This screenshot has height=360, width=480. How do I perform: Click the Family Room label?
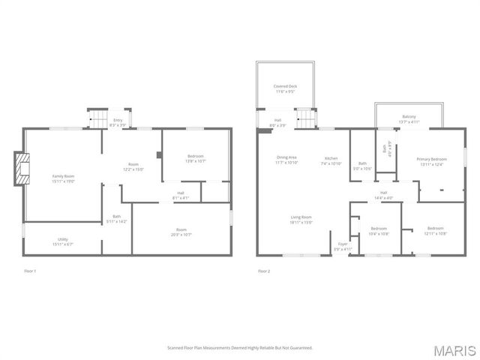(63, 178)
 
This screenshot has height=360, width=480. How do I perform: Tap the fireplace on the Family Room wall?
(21, 169)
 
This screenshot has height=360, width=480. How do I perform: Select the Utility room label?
(63, 241)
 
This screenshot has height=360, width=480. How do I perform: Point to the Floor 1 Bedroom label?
(196, 158)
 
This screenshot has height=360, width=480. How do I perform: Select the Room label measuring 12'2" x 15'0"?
(133, 166)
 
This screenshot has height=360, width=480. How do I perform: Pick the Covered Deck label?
(285, 88)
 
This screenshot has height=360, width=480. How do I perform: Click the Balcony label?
(409, 118)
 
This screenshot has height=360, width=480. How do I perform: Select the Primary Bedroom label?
(432, 161)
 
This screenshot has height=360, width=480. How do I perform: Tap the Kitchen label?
(331, 160)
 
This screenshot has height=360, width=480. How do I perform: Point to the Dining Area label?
(287, 159)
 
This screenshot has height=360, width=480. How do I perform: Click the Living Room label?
(301, 219)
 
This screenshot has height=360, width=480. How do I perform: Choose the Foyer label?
(343, 246)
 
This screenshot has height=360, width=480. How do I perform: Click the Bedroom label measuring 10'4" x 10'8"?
(379, 230)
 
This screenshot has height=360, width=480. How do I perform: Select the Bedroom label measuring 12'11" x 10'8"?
(436, 230)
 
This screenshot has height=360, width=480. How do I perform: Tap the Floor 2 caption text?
(264, 271)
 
